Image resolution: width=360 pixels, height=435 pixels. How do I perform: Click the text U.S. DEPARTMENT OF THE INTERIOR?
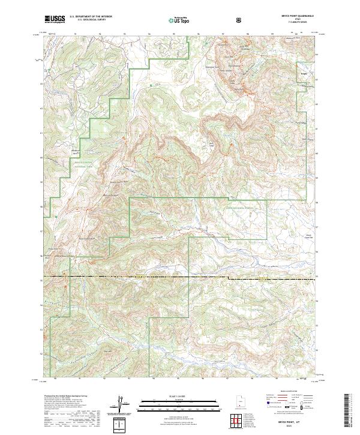pos(91,17)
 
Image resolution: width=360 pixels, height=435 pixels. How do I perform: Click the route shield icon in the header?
pos(240,20)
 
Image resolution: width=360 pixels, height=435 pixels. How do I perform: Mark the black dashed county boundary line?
pos(180,278)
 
